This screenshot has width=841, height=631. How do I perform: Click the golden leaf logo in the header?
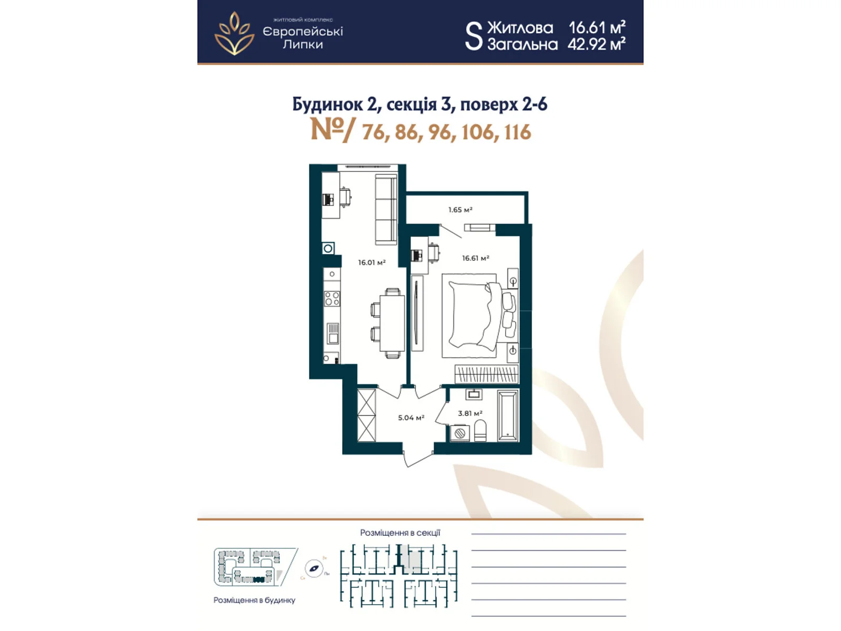(234, 34)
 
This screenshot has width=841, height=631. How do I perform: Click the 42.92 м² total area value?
(596, 44)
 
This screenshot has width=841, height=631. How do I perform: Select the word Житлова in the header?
(520, 27)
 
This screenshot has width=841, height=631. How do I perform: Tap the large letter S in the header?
(473, 36)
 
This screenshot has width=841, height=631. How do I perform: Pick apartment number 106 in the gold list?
(477, 132)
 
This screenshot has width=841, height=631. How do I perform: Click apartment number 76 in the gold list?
(373, 132)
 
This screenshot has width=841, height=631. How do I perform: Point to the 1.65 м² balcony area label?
(460, 210)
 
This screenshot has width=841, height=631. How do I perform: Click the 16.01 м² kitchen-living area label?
(372, 262)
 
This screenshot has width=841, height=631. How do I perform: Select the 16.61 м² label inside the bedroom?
(475, 258)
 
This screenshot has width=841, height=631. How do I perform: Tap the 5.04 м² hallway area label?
(411, 418)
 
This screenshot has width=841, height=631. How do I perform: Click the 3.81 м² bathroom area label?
(469, 413)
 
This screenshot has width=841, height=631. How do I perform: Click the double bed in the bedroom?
(473, 315)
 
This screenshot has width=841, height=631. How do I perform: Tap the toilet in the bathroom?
(480, 431)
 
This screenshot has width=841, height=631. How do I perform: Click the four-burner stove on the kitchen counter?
(332, 299)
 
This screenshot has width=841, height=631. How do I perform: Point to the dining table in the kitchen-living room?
(392, 323)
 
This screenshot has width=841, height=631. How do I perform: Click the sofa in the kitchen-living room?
(385, 210)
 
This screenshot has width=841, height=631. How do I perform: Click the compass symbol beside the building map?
(314, 568)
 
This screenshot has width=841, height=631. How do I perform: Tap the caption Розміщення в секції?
(400, 533)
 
